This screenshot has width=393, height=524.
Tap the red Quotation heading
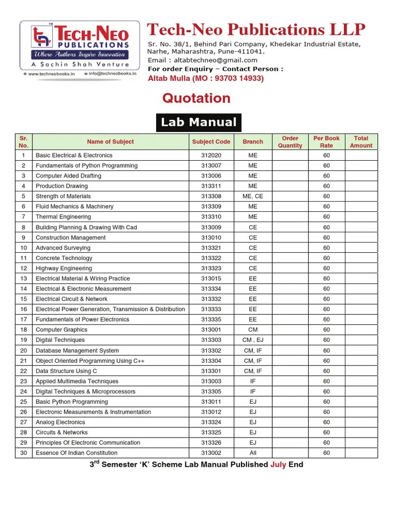coord(196,98)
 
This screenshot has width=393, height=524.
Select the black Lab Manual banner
coord(199,122)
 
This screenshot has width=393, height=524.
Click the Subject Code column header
coord(211,142)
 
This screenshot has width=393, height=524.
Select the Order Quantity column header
coord(290,142)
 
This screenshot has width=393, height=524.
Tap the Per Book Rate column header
coord(326,142)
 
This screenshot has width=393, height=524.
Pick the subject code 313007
coord(211,166)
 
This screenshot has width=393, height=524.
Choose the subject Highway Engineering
coord(64,268)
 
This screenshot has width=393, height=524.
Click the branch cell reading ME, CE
coord(253,196)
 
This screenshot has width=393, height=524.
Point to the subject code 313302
coord(211,351)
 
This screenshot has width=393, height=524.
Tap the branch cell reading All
coord(253,453)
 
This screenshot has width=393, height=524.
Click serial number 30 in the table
coord(24,453)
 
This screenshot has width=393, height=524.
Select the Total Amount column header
coord(361,142)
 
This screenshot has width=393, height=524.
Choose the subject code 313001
coord(211,330)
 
